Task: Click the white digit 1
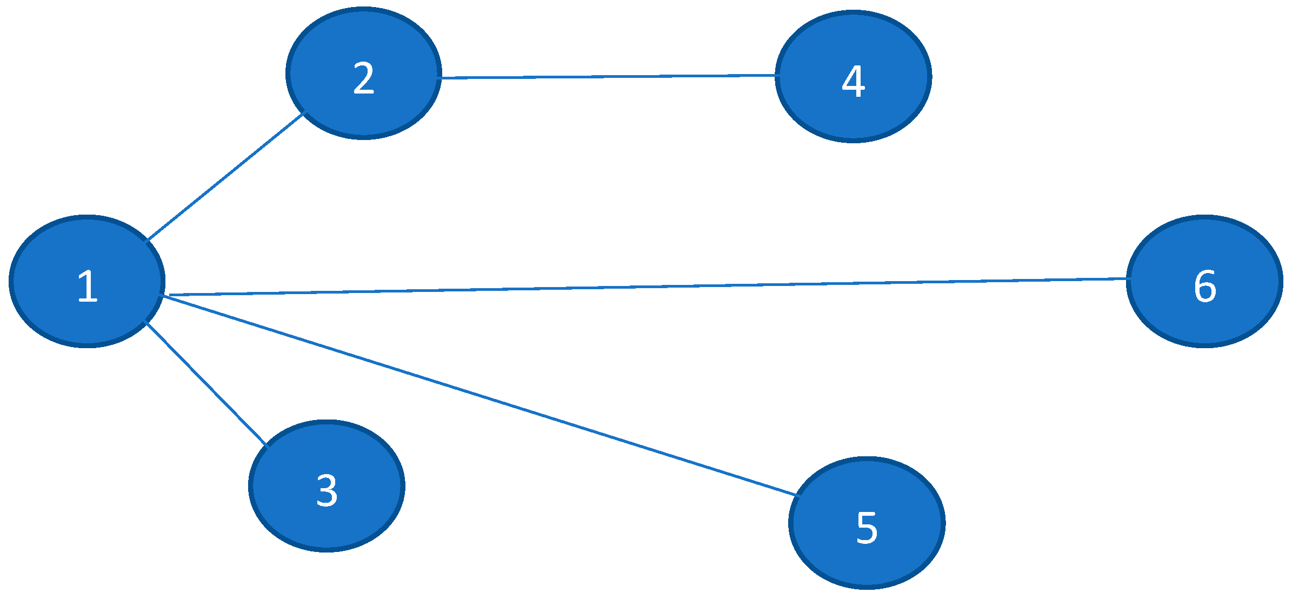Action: pyautogui.click(x=88, y=286)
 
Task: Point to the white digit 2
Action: pyautogui.click(x=363, y=78)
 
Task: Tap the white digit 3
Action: pyautogui.click(x=327, y=490)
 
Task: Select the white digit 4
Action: pyautogui.click(x=853, y=82)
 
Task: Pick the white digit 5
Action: pyautogui.click(x=867, y=527)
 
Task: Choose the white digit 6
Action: pyautogui.click(x=1204, y=286)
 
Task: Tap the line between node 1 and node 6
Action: pyautogui.click(x=649, y=287)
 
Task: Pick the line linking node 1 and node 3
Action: pyautogui.click(x=205, y=384)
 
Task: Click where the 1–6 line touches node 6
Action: pyautogui.click(x=1128, y=279)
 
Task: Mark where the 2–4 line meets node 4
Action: pyautogui.click(x=777, y=75)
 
